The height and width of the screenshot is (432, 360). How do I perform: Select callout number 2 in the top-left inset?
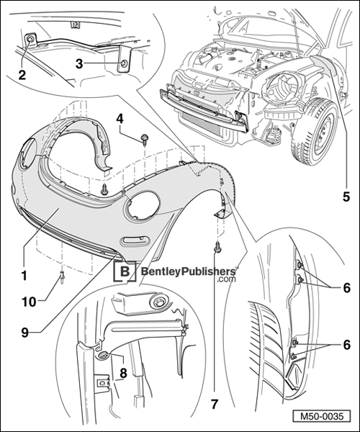point(22,74)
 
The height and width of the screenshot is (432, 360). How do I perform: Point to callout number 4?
point(120,117)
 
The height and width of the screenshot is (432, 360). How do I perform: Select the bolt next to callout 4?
point(144,140)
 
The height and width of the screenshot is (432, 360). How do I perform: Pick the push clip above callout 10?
point(63,273)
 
